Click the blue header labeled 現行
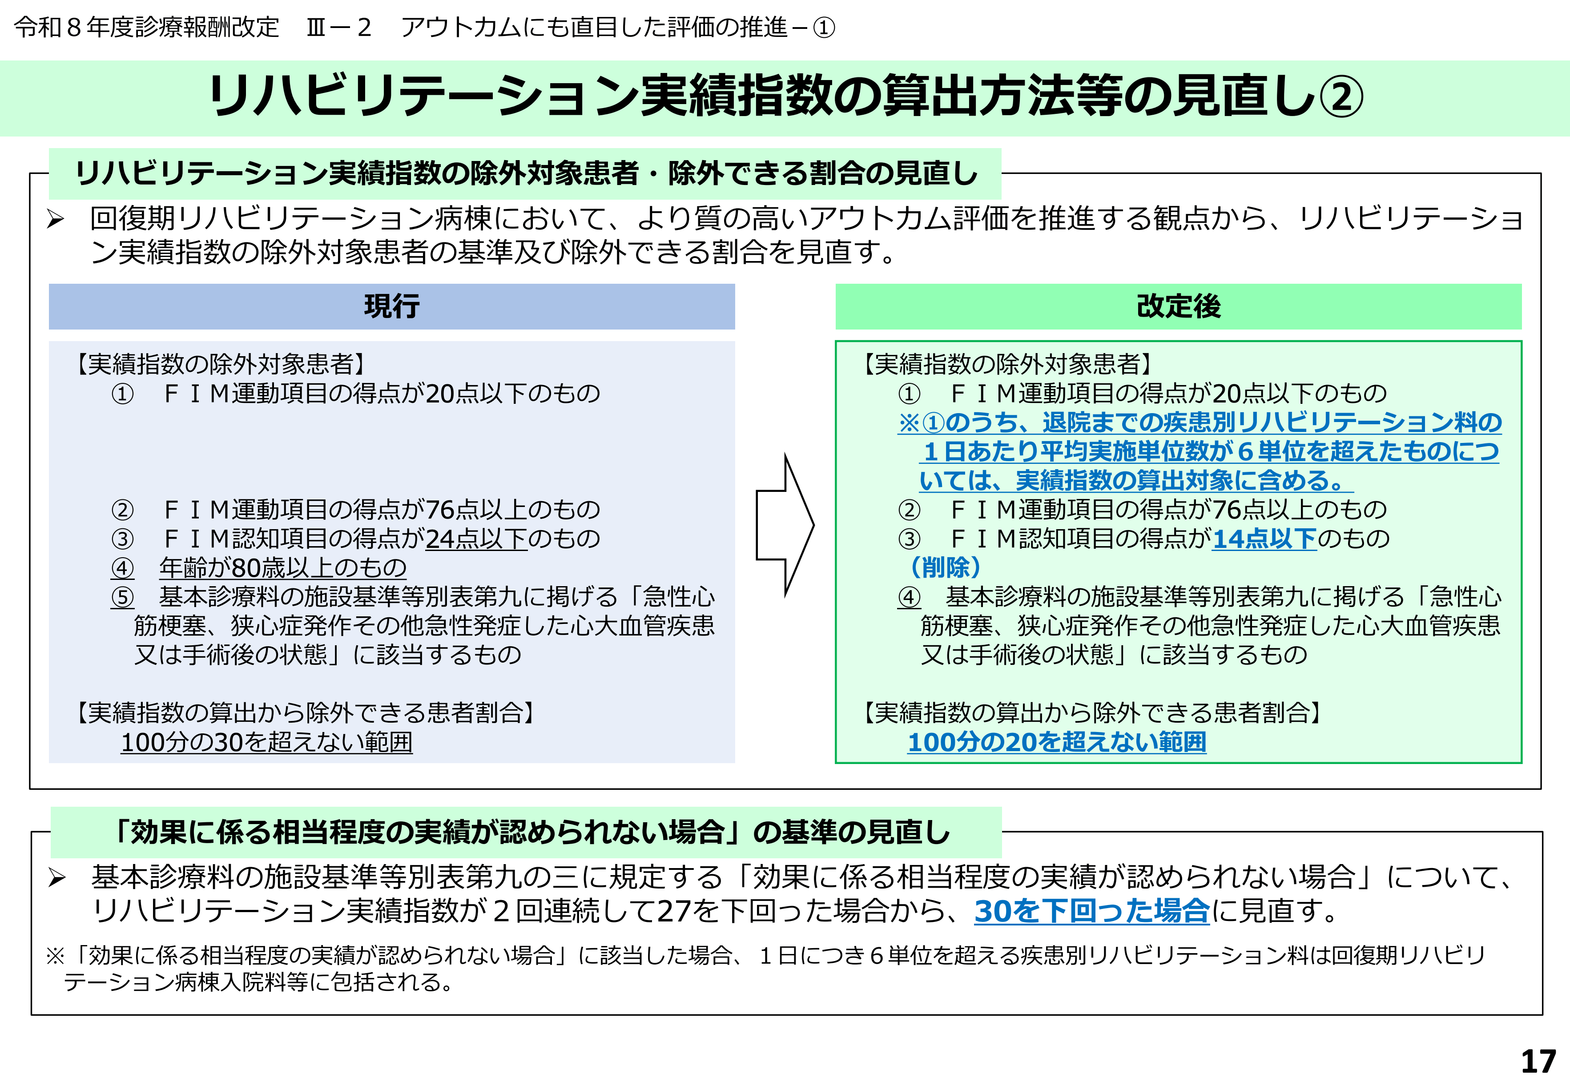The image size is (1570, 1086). pos(391,306)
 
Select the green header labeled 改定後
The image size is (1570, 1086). pos(1178,306)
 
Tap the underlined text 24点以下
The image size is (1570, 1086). pos(476,539)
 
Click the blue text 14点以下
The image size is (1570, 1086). pos(1264,539)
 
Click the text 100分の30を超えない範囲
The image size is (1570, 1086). pos(267,742)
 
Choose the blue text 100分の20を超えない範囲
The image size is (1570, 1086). pos(1057,742)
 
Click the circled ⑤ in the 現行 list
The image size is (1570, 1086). pos(122,597)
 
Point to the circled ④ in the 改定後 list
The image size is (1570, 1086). pos(909,597)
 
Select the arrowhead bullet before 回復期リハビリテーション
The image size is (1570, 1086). pos(56,219)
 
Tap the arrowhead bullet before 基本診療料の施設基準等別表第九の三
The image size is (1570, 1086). pos(57,878)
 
